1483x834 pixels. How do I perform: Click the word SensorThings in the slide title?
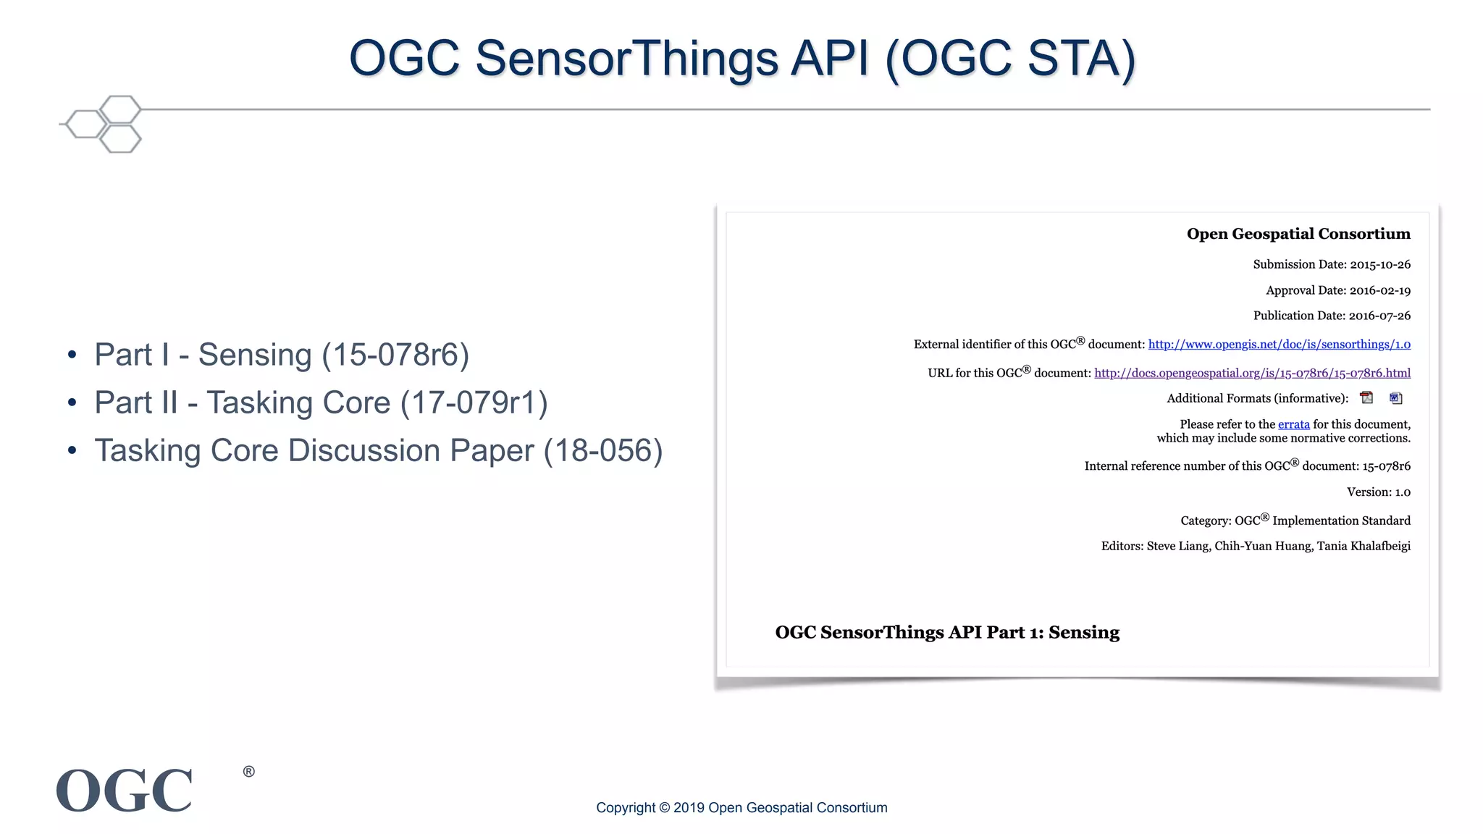(x=626, y=58)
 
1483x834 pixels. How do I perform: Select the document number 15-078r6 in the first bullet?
(x=395, y=355)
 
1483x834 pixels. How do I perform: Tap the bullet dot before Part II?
(x=72, y=403)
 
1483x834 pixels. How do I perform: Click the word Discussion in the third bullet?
(x=364, y=450)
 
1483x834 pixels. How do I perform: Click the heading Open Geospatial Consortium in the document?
(x=1298, y=234)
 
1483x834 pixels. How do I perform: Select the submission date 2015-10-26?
(x=1379, y=264)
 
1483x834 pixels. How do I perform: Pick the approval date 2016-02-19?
(x=1379, y=290)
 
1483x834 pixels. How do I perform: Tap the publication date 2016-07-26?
(x=1379, y=316)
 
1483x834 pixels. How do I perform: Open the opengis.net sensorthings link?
(x=1279, y=345)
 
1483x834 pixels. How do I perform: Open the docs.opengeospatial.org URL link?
(x=1252, y=373)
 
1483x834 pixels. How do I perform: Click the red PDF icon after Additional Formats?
(x=1366, y=397)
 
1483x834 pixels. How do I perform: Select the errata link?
(x=1293, y=424)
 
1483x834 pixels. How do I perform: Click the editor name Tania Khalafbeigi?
(x=1364, y=546)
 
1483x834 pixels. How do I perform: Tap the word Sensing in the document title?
(x=1083, y=632)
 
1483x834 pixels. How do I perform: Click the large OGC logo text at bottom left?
(x=125, y=791)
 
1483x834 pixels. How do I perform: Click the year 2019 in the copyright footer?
(x=689, y=808)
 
